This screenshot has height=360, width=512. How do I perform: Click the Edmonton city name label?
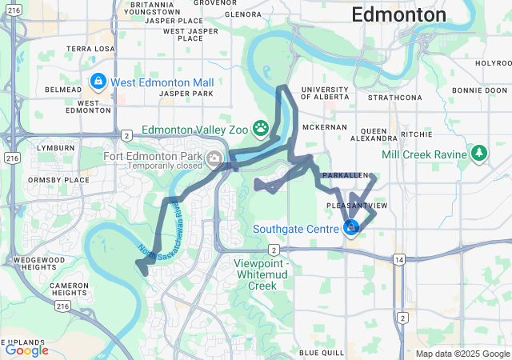tap(398, 15)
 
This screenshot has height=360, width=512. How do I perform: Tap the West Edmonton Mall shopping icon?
tap(98, 82)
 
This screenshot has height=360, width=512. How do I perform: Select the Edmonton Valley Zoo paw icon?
tap(261, 127)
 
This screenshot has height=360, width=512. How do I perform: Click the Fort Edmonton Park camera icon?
tap(214, 158)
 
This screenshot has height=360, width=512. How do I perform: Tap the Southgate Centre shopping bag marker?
tap(350, 229)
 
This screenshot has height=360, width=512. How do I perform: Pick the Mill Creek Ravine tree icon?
tap(478, 152)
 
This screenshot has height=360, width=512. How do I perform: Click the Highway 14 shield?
tap(398, 259)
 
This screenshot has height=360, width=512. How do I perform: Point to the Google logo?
tap(26, 350)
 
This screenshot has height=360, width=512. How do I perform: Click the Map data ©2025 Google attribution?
tap(462, 354)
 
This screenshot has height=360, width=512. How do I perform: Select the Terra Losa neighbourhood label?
tap(92, 48)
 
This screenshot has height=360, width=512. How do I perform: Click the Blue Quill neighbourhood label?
tap(321, 352)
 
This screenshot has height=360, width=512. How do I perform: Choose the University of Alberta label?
tap(325, 93)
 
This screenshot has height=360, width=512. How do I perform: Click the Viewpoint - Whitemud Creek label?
tap(266, 274)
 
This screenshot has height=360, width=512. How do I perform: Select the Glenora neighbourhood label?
tap(243, 14)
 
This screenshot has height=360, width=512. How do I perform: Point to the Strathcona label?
tap(394, 98)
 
